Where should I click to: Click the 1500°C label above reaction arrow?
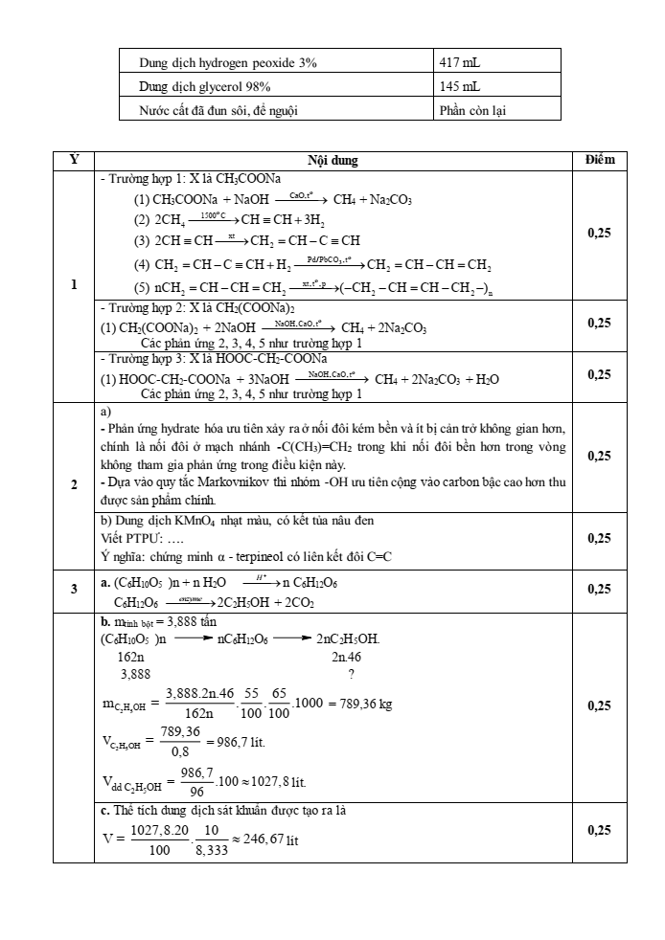pos(200,214)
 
